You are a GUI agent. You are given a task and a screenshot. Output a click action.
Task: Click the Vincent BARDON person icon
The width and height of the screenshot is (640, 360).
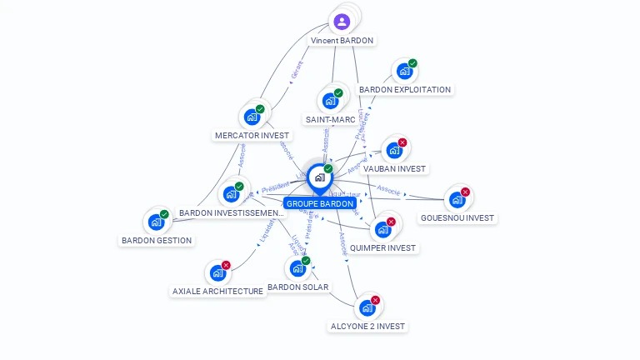(342, 22)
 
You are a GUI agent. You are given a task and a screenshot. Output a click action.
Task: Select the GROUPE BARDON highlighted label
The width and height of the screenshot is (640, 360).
(320, 203)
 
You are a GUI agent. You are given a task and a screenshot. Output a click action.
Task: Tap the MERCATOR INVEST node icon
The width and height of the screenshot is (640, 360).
(252, 117)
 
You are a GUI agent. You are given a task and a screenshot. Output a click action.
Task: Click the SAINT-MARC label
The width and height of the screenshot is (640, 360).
(330, 119)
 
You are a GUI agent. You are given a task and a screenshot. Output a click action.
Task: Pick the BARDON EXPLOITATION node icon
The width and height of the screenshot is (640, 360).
(404, 72)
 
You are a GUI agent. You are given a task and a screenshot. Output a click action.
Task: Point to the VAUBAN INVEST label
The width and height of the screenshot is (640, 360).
(394, 168)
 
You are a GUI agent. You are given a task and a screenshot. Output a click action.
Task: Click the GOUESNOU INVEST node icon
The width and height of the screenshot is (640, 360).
(457, 200)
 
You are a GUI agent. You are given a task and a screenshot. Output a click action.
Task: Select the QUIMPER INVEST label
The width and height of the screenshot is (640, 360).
(382, 247)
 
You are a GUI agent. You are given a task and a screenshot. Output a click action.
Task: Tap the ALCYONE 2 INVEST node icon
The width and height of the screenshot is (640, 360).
(367, 308)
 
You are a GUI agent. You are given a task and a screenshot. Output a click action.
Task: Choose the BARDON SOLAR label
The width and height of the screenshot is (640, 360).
(297, 287)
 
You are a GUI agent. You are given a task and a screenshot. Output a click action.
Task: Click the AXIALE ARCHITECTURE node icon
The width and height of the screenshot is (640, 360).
(217, 272)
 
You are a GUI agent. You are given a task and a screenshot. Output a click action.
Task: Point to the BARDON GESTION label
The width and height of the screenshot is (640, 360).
(157, 240)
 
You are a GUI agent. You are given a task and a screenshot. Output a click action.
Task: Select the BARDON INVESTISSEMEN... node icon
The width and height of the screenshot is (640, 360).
(231, 194)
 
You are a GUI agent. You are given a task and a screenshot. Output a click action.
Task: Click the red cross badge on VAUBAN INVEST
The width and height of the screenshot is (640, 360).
(402, 142)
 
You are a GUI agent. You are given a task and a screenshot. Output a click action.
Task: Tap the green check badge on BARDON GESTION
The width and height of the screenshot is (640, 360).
(164, 214)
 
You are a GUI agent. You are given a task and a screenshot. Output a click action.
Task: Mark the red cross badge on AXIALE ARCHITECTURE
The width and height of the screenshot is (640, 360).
(226, 265)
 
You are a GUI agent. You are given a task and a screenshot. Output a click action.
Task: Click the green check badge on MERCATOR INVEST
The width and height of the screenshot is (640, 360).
(260, 109)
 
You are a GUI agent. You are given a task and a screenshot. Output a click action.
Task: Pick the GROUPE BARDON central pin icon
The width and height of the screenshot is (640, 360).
(319, 177)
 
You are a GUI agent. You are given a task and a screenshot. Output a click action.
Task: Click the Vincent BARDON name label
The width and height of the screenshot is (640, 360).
(342, 40)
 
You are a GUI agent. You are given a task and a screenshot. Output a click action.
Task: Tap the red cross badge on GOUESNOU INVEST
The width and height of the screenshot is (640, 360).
(465, 192)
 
